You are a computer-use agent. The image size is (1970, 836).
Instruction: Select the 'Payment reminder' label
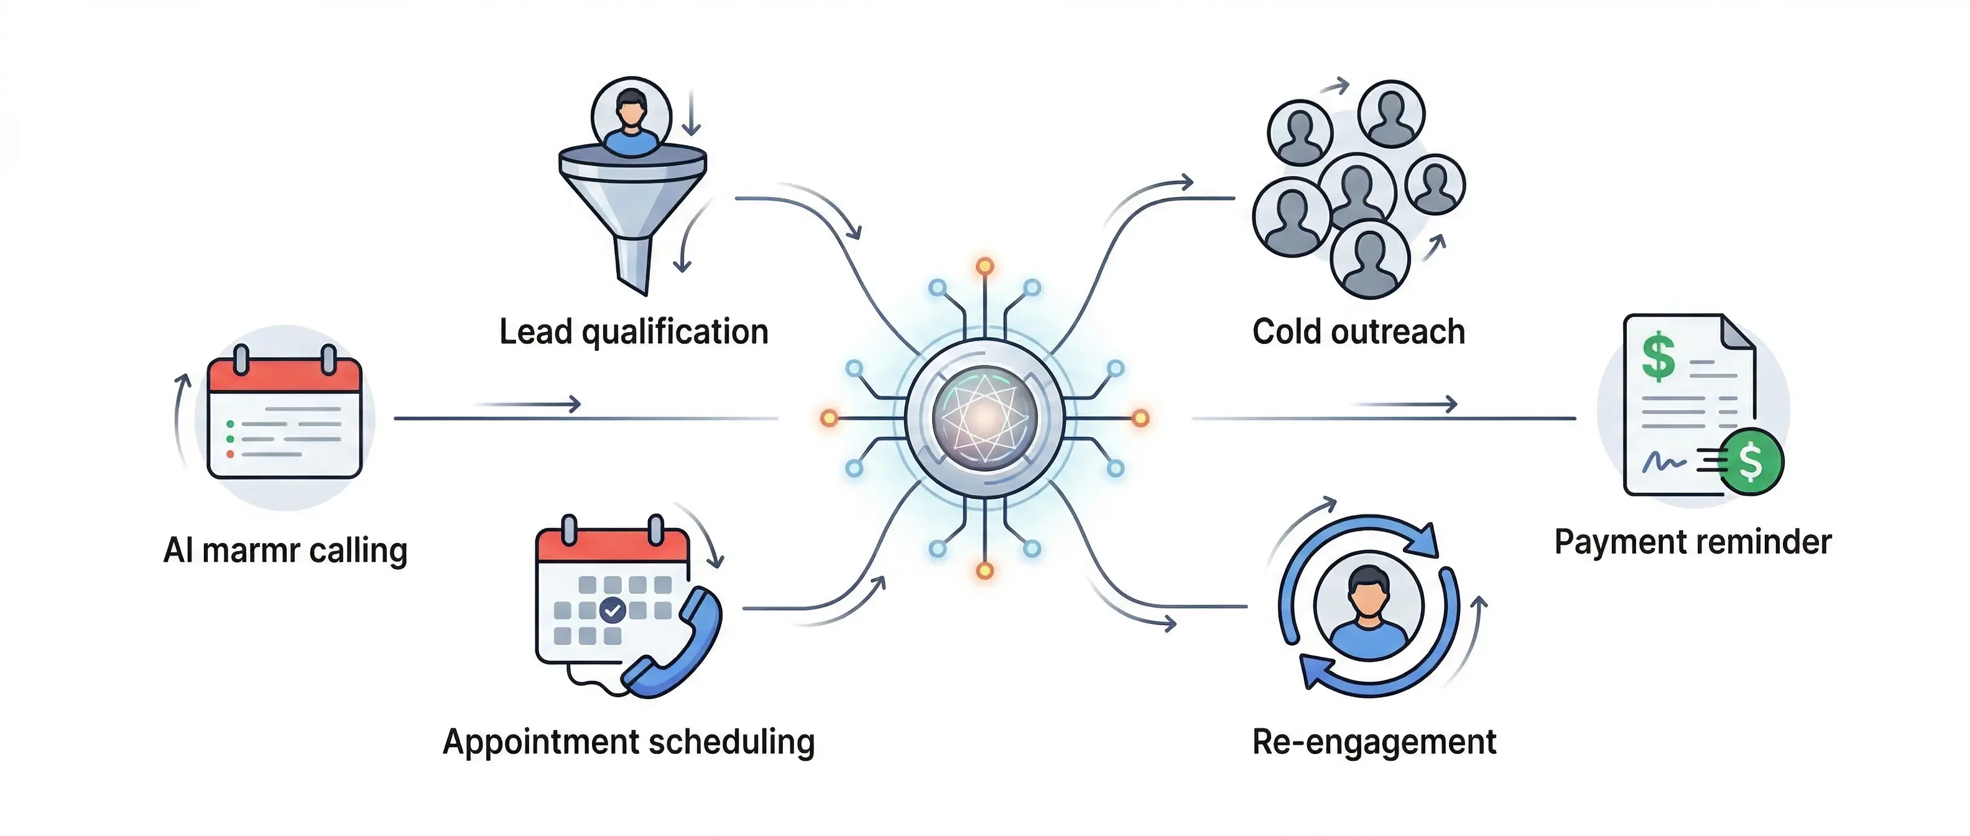(x=1693, y=542)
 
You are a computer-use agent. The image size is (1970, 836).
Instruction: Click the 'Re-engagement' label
(x=1374, y=742)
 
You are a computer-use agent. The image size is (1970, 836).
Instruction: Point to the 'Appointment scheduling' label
(x=629, y=742)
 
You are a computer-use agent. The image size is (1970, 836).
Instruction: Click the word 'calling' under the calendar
(x=358, y=550)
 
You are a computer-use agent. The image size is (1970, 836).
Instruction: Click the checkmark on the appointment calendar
(x=613, y=610)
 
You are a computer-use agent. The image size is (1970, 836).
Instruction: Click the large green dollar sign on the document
(x=1658, y=356)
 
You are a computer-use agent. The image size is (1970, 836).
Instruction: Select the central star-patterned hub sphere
(x=985, y=417)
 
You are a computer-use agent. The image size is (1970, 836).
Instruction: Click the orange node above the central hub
(x=985, y=266)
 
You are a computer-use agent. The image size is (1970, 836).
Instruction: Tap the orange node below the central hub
(x=985, y=570)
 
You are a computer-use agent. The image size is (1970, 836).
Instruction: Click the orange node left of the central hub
(x=829, y=417)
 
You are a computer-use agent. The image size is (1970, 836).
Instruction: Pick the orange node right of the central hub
(x=1140, y=417)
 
